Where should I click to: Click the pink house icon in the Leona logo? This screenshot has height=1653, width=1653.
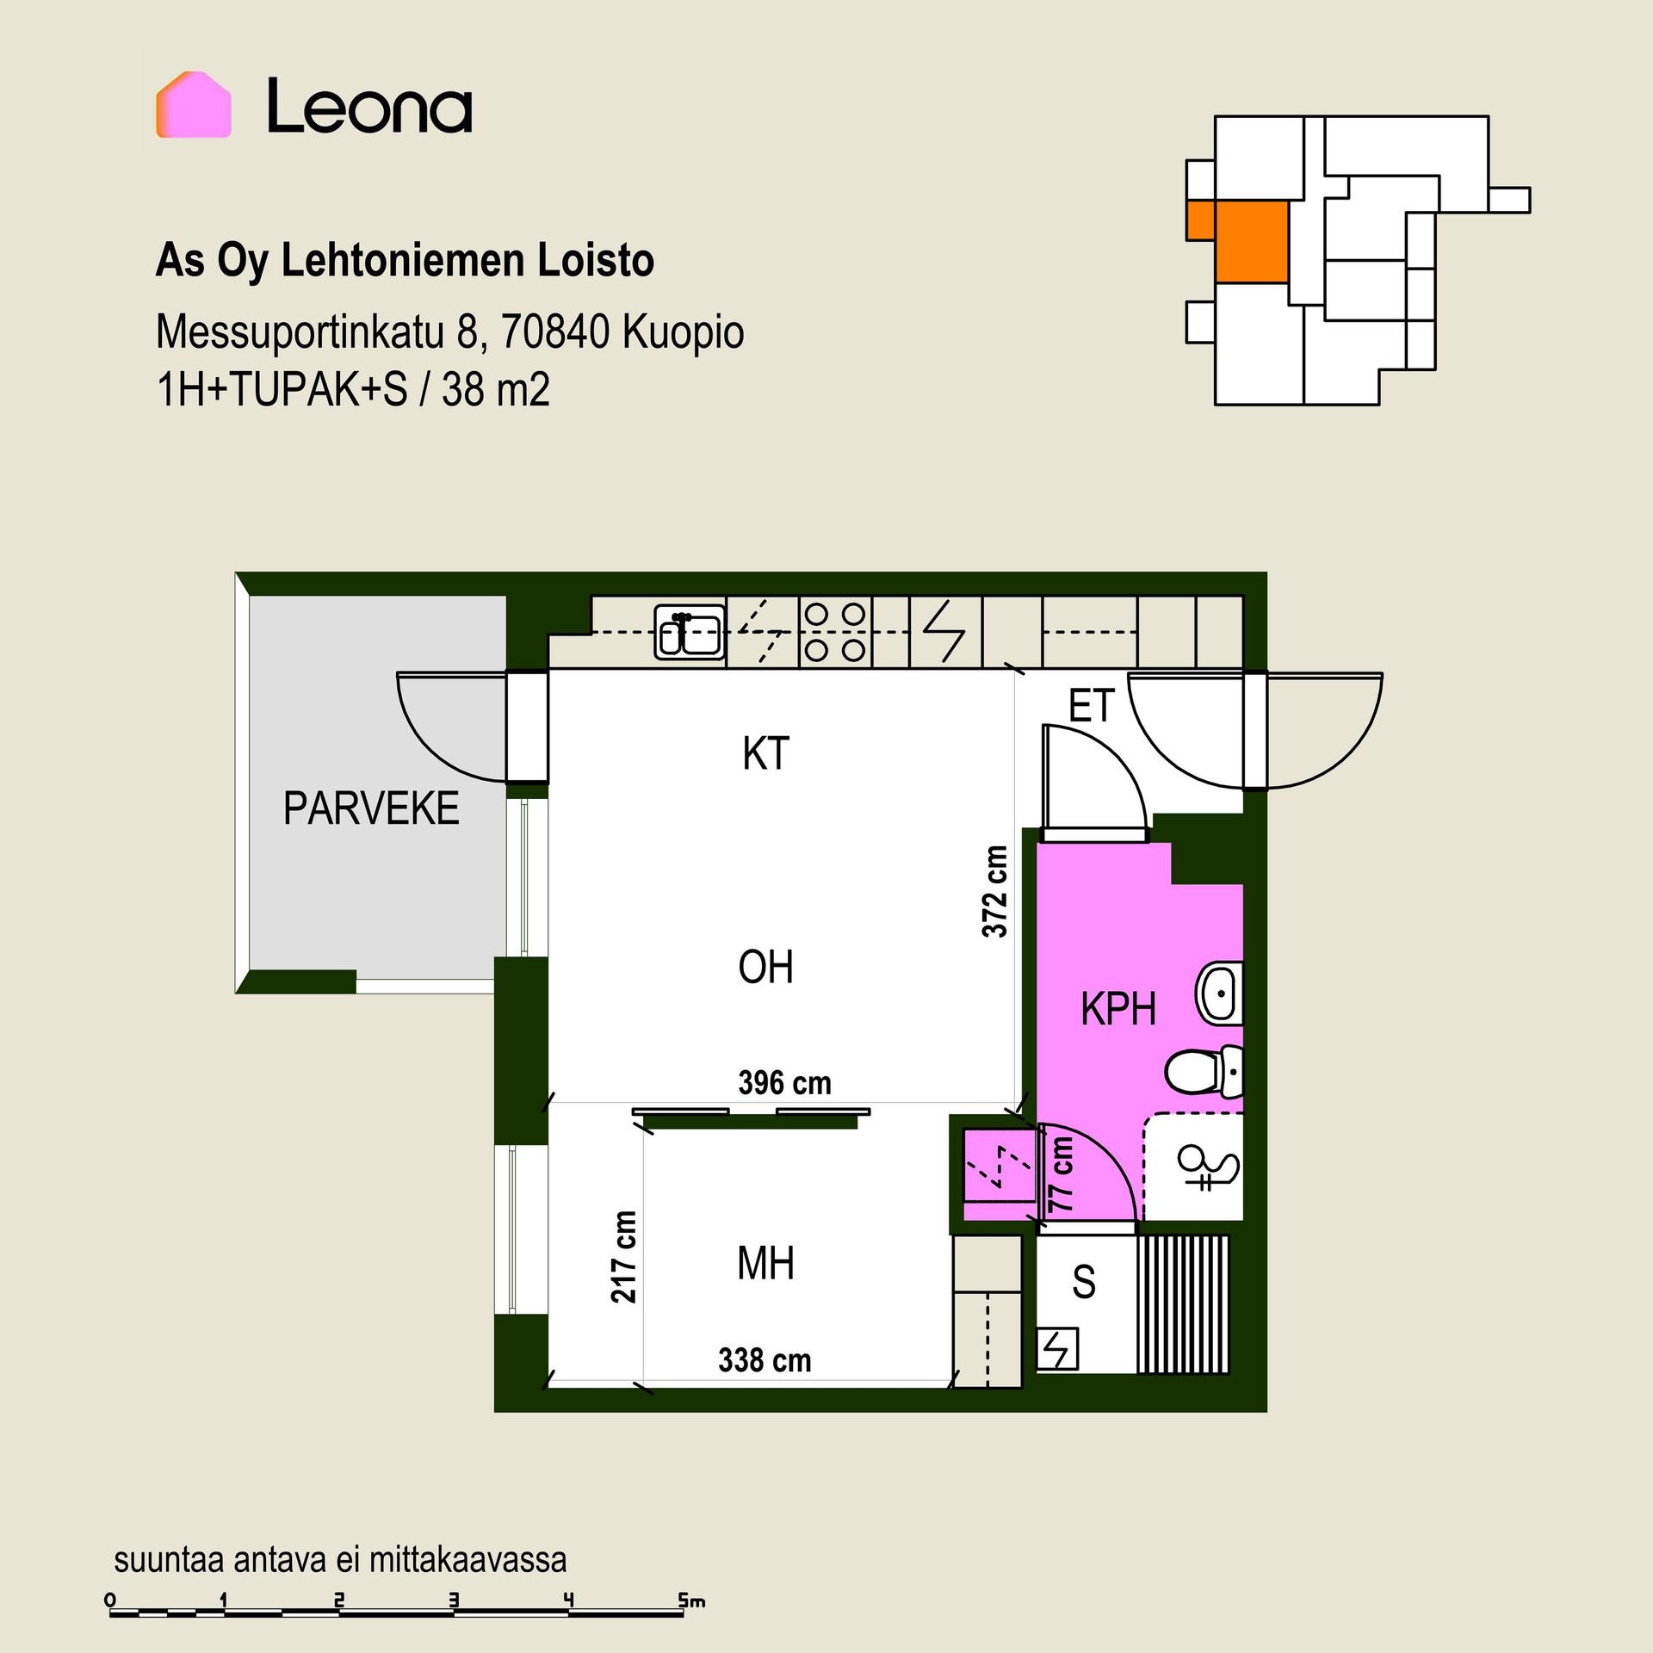pyautogui.click(x=193, y=104)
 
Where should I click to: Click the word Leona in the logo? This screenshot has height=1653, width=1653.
pyautogui.click(x=369, y=106)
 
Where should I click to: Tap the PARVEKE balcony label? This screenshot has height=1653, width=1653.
pyautogui.click(x=371, y=808)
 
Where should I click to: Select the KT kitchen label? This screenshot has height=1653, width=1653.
pyautogui.click(x=765, y=753)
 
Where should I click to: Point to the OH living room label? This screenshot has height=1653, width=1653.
pyautogui.click(x=765, y=967)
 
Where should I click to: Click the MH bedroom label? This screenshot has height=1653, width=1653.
pyautogui.click(x=765, y=1264)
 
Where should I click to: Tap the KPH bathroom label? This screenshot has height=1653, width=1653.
pyautogui.click(x=1118, y=1008)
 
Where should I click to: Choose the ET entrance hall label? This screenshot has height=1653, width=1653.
pyautogui.click(x=1092, y=706)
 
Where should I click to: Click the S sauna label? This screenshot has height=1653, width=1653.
pyautogui.click(x=1084, y=1282)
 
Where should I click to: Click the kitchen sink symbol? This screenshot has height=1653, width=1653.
pyautogui.click(x=690, y=633)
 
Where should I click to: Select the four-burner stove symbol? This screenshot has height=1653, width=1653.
pyautogui.click(x=834, y=633)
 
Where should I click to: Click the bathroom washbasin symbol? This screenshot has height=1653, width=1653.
pyautogui.click(x=1218, y=994)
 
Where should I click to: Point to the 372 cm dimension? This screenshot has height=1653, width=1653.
pyautogui.click(x=994, y=892)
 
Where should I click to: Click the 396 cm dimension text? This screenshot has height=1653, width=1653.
pyautogui.click(x=785, y=1082)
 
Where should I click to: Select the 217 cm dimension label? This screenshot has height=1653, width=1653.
pyautogui.click(x=624, y=1256)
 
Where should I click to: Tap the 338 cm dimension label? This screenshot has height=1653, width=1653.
pyautogui.click(x=765, y=1359)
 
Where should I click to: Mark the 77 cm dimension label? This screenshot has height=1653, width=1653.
pyautogui.click(x=1062, y=1174)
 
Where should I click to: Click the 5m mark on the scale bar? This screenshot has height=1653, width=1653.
pyautogui.click(x=691, y=1601)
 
